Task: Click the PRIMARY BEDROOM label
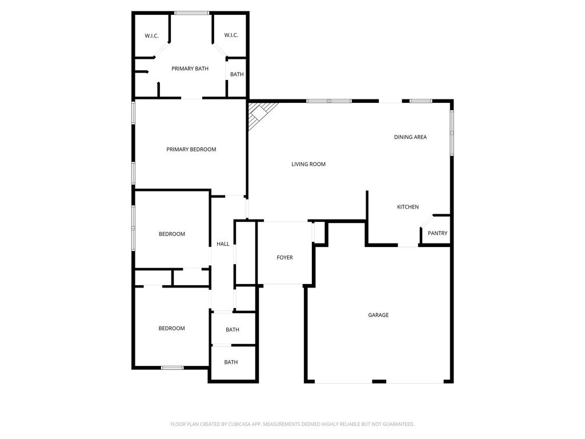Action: [191, 149]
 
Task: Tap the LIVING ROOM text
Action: [308, 164]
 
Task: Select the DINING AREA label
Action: [410, 137]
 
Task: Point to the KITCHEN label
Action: [408, 207]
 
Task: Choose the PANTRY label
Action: [438, 233]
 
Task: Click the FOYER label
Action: [285, 258]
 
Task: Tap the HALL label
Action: [223, 244]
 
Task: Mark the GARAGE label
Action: [378, 315]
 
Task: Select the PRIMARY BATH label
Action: [190, 69]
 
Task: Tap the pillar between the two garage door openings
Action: [379, 381]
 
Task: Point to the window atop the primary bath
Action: [192, 13]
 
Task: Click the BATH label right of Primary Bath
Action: [237, 74]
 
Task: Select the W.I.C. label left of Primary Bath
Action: [151, 36]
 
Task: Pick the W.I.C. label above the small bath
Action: [231, 35]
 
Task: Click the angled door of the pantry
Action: [426, 221]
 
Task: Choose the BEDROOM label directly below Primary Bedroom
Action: [172, 234]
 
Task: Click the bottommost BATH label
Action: [231, 362]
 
